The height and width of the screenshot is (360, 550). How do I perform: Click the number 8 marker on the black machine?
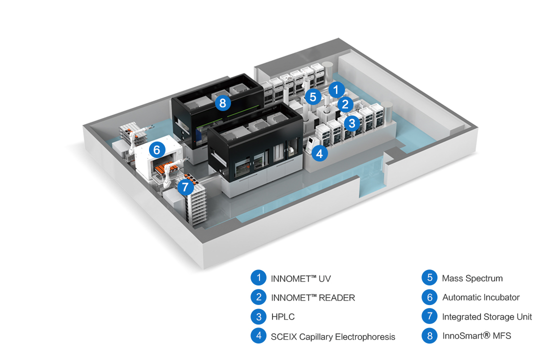click(222, 103)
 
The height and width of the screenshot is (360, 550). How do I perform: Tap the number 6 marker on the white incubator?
click(156, 149)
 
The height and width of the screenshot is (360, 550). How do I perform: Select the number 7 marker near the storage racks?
click(185, 187)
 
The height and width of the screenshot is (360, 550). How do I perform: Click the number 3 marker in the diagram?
click(352, 122)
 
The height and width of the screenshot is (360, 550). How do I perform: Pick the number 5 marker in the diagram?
click(313, 96)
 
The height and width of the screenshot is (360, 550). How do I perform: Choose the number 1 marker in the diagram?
click(336, 90)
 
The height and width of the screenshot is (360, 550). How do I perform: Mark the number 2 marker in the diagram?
click(344, 104)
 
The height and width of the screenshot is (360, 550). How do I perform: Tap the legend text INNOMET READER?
click(313, 297)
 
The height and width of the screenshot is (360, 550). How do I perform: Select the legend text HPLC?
click(283, 317)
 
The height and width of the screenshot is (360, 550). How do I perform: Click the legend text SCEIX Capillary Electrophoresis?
click(333, 336)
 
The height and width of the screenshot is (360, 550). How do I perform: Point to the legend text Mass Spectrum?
click(472, 278)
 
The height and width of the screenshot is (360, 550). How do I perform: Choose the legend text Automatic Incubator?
click(480, 297)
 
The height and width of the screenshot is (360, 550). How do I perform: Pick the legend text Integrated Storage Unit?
click(487, 317)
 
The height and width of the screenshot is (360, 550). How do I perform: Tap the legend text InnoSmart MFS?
click(476, 336)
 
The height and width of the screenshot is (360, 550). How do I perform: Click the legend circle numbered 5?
click(429, 278)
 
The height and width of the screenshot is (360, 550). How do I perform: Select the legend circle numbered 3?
click(258, 316)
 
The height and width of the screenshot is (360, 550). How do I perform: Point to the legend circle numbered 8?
click(429, 335)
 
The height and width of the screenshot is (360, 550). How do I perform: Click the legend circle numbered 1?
click(258, 278)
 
